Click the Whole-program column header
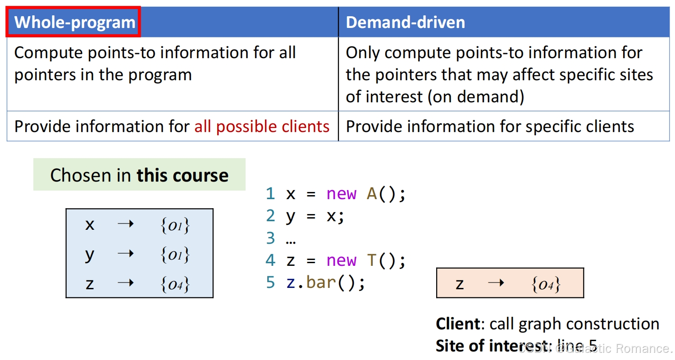(x=74, y=22)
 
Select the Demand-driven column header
(x=405, y=22)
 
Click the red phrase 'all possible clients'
(x=262, y=127)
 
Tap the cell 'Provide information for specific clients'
(x=490, y=127)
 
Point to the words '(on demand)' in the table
(x=476, y=96)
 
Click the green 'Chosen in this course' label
(x=139, y=175)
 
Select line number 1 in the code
(x=270, y=194)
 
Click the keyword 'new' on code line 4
(x=341, y=260)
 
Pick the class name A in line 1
(x=372, y=194)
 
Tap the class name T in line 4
(x=372, y=260)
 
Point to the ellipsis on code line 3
(x=291, y=239)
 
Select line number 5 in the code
(x=270, y=283)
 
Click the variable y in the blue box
(x=90, y=255)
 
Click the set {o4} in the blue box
(x=175, y=284)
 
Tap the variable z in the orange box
(x=460, y=284)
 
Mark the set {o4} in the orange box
(x=546, y=284)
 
